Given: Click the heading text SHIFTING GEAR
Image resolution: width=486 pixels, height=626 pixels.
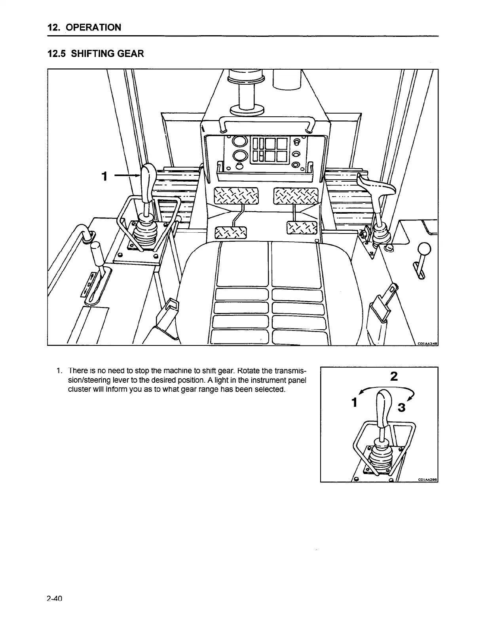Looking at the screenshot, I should [107, 53].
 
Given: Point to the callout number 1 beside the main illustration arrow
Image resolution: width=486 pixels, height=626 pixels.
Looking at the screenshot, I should [104, 176].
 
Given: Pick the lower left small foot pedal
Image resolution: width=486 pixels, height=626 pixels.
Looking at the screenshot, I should [230, 233].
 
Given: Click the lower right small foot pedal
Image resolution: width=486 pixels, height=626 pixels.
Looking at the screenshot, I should [302, 228].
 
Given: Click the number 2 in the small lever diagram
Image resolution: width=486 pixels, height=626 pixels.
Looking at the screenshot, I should [393, 376].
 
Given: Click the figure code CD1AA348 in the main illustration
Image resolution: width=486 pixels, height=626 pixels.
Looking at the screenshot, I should [427, 343].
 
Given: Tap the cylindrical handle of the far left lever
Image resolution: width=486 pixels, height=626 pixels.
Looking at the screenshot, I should [97, 254].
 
